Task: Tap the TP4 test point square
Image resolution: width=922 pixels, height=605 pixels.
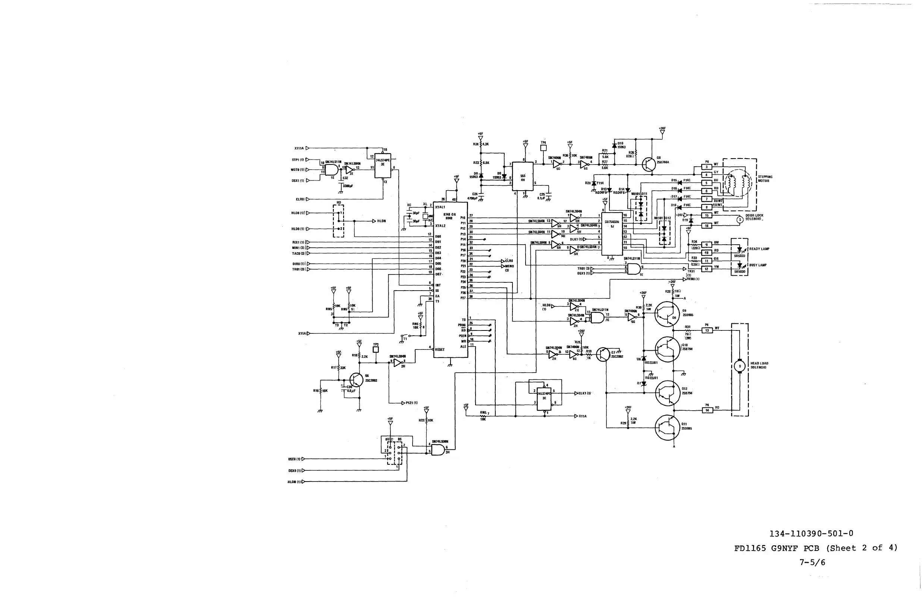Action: tap(543, 148)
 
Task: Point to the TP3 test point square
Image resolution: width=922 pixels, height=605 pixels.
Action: tap(376, 349)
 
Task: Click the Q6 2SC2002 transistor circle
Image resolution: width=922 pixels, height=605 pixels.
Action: tap(357, 380)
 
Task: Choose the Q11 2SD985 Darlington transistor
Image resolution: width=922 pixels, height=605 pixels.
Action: tap(667, 427)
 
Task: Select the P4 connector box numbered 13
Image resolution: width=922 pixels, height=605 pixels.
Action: tap(708, 330)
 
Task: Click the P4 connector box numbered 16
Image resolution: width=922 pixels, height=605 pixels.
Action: tap(707, 225)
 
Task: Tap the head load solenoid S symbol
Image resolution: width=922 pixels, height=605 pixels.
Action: tap(740, 366)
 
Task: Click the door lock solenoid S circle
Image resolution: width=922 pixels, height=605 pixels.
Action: tap(740, 220)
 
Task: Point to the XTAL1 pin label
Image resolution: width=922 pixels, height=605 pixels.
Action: tap(440, 207)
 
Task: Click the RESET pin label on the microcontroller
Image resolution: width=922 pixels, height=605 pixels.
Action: tap(440, 349)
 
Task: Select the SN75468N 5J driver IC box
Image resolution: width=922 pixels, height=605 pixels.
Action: tap(612, 234)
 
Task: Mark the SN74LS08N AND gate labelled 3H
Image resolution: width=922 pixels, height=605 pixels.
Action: tap(438, 450)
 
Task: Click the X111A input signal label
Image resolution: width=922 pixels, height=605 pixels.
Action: tap(299, 148)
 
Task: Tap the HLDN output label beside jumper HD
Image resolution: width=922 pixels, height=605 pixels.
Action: tap(382, 221)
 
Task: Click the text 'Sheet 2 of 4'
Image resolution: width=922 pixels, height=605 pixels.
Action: tap(862, 548)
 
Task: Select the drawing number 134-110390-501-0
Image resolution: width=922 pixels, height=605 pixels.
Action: tap(811, 533)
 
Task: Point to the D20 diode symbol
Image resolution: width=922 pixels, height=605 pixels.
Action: tap(593, 183)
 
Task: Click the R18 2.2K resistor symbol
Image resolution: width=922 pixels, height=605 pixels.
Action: tap(360, 355)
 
